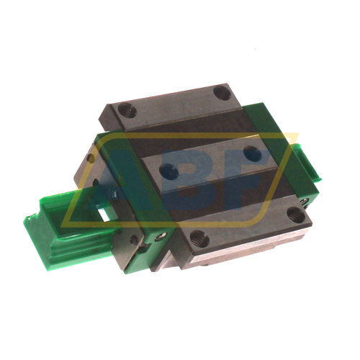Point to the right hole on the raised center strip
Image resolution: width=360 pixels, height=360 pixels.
tap(249, 153)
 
